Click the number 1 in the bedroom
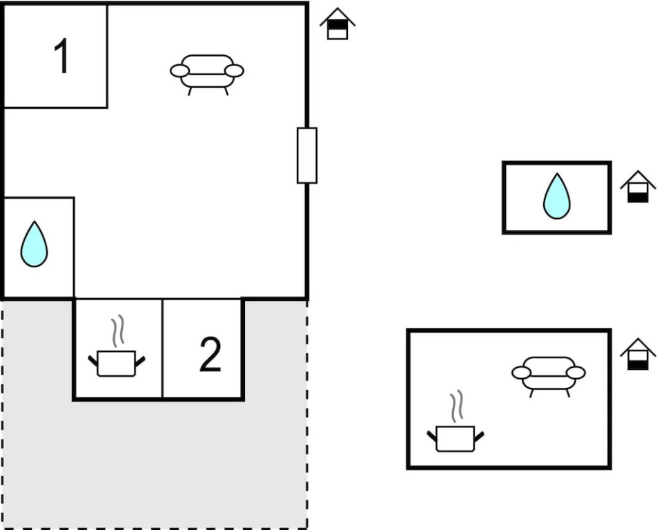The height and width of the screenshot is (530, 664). pyautogui.click(x=61, y=57)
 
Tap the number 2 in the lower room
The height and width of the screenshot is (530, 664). pyautogui.click(x=210, y=355)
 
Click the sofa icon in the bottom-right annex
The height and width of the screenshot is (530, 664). pyautogui.click(x=549, y=375)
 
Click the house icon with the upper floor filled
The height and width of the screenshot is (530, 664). pyautogui.click(x=338, y=25)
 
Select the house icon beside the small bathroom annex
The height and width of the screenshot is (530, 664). pyautogui.click(x=638, y=188)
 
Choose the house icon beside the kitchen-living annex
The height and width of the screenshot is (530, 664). pyautogui.click(x=638, y=355)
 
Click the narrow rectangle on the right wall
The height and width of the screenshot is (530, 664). pyautogui.click(x=307, y=155)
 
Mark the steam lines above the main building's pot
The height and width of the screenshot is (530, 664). pyautogui.click(x=118, y=331)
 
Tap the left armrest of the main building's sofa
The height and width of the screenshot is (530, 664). pyautogui.click(x=179, y=70)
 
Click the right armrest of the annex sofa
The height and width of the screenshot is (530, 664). pyautogui.click(x=576, y=373)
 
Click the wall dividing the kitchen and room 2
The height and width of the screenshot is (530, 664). pyautogui.click(x=162, y=349)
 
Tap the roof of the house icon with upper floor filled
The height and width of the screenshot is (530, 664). pyautogui.click(x=338, y=14)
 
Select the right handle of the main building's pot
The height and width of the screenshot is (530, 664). pyautogui.click(x=140, y=360)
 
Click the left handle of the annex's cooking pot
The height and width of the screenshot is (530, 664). pyautogui.click(x=432, y=435)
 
